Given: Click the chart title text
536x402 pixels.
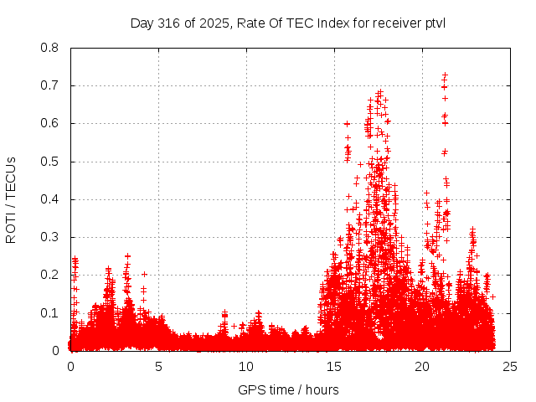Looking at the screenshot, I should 288,23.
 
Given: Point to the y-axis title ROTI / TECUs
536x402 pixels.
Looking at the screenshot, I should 11,199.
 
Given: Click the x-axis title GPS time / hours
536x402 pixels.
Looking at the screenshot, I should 288,389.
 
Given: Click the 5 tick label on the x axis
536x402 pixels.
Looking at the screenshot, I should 158,367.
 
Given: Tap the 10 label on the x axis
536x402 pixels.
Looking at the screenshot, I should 246,367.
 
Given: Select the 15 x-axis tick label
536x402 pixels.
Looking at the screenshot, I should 334,367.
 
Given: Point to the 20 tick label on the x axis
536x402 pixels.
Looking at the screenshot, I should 422,367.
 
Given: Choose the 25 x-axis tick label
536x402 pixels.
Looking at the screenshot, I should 510,367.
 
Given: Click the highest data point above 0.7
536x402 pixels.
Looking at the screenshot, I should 445,75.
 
